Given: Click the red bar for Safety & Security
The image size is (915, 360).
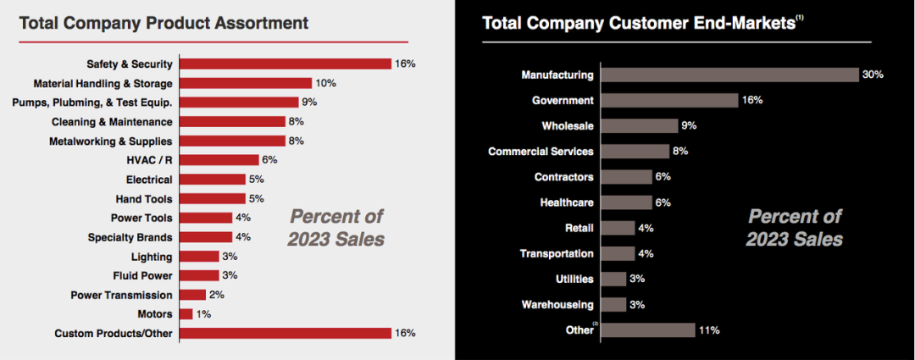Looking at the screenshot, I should [x=286, y=64].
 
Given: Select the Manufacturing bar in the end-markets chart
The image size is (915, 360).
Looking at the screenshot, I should [x=729, y=75].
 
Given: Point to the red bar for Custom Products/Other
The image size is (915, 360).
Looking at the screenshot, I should [x=286, y=333].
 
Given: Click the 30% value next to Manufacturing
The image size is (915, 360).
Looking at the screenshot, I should [x=873, y=75].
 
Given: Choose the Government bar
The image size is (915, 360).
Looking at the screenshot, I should [x=669, y=100].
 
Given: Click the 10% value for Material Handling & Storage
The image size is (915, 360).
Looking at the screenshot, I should [x=326, y=83].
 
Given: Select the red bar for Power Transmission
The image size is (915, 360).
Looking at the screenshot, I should [x=193, y=295].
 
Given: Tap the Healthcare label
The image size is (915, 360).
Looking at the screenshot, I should [x=567, y=202].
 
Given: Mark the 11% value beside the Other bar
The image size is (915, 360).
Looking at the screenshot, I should [x=708, y=330].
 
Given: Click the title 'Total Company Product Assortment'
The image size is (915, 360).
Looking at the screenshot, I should [x=164, y=22].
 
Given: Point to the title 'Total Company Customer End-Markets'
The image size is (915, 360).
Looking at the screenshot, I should [x=638, y=23].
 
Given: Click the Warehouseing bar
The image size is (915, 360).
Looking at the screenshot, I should [x=613, y=304].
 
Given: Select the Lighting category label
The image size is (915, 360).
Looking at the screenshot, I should [x=152, y=257].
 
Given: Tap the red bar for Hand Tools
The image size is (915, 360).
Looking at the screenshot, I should [x=213, y=199].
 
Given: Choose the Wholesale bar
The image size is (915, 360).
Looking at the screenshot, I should [x=639, y=126].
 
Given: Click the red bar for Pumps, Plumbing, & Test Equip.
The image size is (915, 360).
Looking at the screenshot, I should [x=239, y=102].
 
